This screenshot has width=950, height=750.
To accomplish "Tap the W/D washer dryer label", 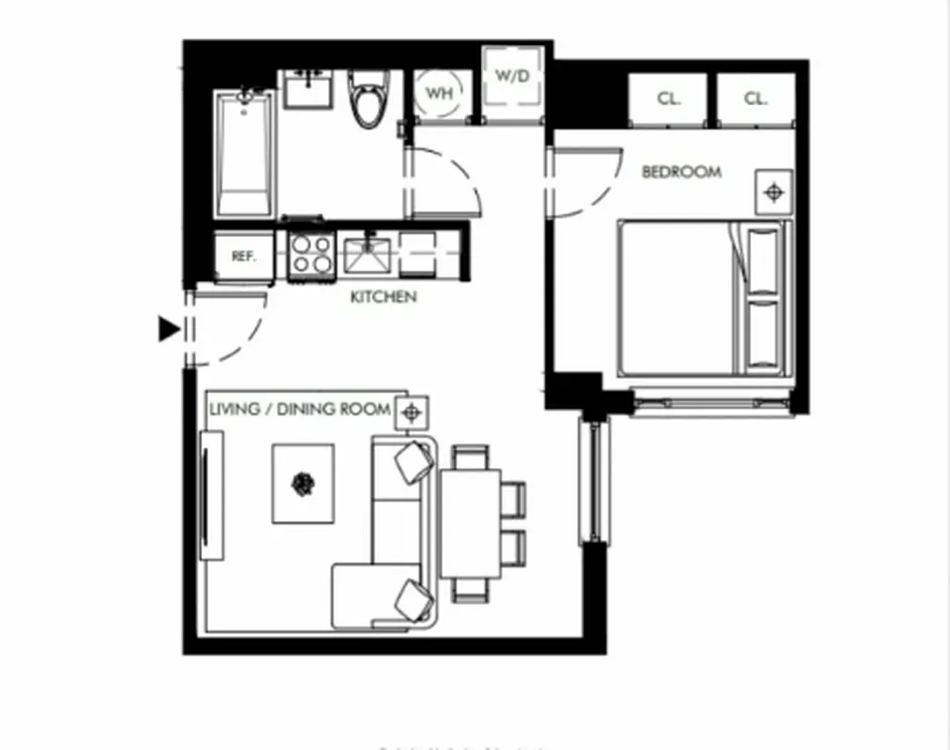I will pyautogui.click(x=513, y=75).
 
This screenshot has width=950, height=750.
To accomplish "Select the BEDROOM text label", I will pyautogui.click(x=681, y=172).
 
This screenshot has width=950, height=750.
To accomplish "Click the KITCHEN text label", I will pyautogui.click(x=383, y=297).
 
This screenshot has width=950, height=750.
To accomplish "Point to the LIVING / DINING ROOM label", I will pyautogui.click(x=299, y=409).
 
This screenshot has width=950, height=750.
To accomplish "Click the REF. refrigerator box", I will pyautogui.click(x=244, y=256).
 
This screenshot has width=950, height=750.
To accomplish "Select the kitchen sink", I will pyautogui.click(x=368, y=254).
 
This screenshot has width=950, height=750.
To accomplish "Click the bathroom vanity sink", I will pyautogui.click(x=308, y=90).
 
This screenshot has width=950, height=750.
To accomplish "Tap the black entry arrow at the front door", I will pyautogui.click(x=169, y=329).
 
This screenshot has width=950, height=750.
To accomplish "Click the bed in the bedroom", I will pyautogui.click(x=701, y=299).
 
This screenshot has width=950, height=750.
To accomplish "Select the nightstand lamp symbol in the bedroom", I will pyautogui.click(x=774, y=192).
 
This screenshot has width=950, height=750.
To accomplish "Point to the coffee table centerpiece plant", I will pyautogui.click(x=303, y=484).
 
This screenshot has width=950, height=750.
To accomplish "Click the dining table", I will pyautogui.click(x=470, y=522).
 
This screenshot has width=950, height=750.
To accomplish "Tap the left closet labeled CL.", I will pyautogui.click(x=668, y=99).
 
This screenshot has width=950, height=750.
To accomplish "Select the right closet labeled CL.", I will pyautogui.click(x=756, y=99).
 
